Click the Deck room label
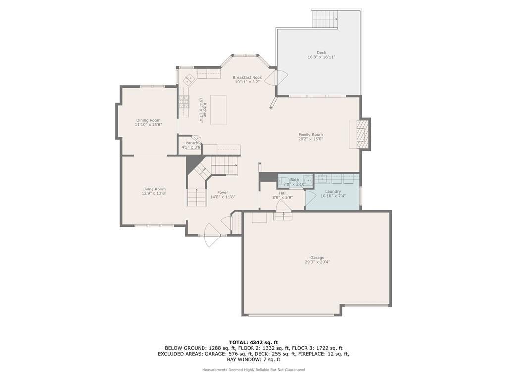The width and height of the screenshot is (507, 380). click(321, 52)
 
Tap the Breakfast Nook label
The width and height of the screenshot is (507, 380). click(248, 78)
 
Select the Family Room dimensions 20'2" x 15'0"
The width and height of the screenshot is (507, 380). click(310, 139)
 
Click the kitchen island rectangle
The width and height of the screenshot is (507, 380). click(218, 110)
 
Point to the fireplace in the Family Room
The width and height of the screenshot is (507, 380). click(359, 134)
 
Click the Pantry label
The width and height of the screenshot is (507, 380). click(192, 143)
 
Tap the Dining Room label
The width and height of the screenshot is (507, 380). click(148, 120)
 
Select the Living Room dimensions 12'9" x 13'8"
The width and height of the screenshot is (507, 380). click(154, 193)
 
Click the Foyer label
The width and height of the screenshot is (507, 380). click(223, 192)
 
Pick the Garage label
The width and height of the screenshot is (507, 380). click(317, 258)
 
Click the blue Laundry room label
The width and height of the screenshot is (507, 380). click(333, 191)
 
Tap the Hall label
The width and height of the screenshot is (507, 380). click(283, 193)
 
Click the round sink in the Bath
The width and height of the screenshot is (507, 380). click(308, 180)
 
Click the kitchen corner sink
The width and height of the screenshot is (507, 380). click(189, 79)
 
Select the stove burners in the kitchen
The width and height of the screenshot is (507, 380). click(184, 102)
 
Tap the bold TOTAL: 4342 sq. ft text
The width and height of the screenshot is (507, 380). click(253, 342)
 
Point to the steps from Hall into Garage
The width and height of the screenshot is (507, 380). click(283, 216)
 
